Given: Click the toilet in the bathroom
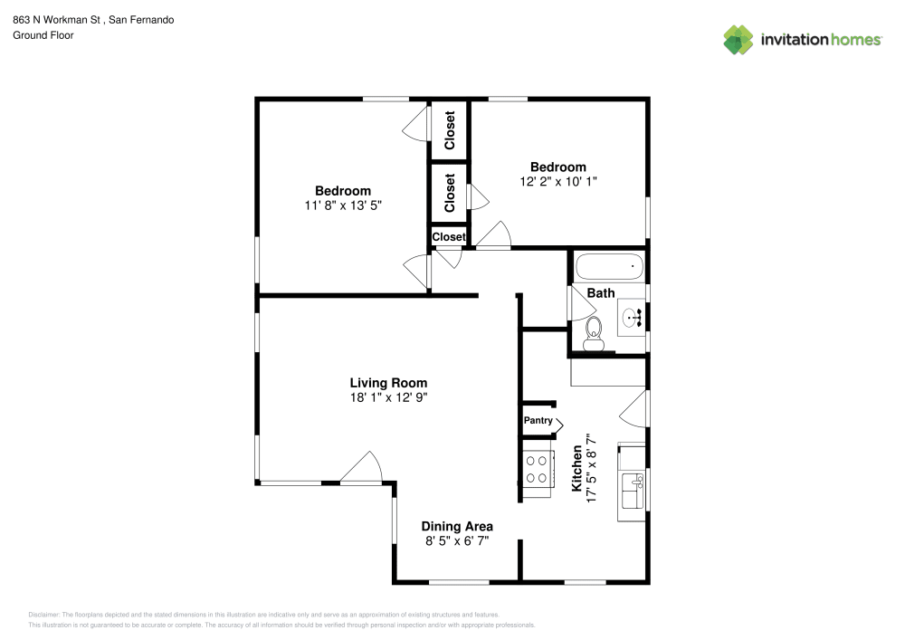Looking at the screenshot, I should (x=594, y=334).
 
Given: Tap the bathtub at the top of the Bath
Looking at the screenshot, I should (x=610, y=268).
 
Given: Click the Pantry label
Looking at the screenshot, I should (x=538, y=420).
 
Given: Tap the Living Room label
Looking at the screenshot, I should (x=388, y=383).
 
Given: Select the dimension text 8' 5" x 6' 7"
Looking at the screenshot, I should (x=457, y=541).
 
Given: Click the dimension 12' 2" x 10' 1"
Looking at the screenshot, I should (x=557, y=181).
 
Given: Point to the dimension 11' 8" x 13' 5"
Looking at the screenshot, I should (x=343, y=205).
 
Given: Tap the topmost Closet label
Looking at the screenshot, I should (x=450, y=130).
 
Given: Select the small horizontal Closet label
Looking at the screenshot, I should (x=449, y=237).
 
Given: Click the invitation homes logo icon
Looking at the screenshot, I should (x=738, y=39).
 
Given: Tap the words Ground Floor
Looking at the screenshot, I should (x=43, y=35).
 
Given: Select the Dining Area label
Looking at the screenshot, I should (x=457, y=526).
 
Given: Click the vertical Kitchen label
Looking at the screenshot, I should (x=576, y=468).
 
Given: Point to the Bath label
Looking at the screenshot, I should (x=601, y=292).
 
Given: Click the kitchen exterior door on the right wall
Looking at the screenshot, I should (x=636, y=406).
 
